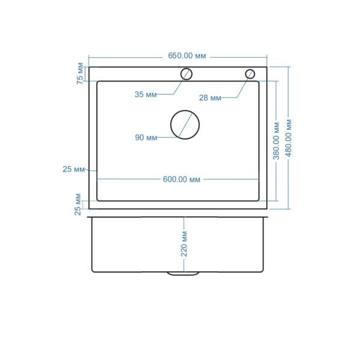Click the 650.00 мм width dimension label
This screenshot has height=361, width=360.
tap(187, 56)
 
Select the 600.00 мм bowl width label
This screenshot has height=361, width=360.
tap(181, 179)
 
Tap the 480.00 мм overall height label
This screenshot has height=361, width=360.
tap(288, 138)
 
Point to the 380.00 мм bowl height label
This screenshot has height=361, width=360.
tap(276, 141)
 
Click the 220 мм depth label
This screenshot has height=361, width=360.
tap(184, 244)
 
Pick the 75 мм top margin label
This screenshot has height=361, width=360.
tap(80, 73)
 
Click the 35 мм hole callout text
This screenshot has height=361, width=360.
tap(146, 94)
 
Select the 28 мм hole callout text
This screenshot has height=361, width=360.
tap(210, 98)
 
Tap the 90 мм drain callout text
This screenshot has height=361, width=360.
tap(146, 138)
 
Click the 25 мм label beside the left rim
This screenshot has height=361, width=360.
tap(73, 169)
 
